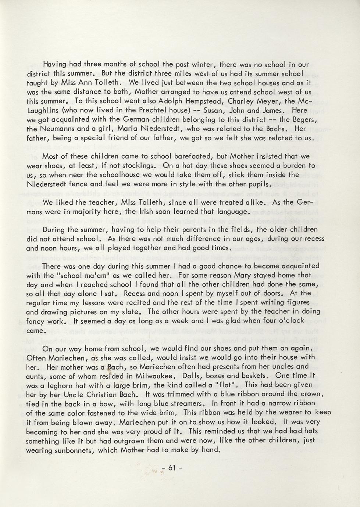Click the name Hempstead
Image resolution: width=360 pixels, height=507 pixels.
[206, 101]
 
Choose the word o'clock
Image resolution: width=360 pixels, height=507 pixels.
[288, 320]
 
